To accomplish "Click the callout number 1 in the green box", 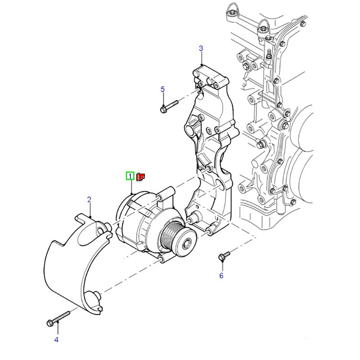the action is click(130, 176).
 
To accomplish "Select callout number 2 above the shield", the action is click(89, 199).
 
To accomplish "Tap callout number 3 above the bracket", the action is click(201, 49).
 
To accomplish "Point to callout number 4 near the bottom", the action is click(56, 340).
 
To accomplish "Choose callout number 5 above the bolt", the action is click(162, 89).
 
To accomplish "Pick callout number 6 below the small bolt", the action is click(221, 275).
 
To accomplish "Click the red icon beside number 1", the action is click(140, 177).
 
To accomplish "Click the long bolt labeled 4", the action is click(58, 319).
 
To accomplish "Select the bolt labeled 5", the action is click(169, 107).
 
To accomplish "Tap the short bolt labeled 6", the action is click(224, 256).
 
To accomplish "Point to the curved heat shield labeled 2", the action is click(77, 264).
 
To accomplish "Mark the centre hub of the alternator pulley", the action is click(187, 243).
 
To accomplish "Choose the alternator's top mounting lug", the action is click(166, 194).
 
